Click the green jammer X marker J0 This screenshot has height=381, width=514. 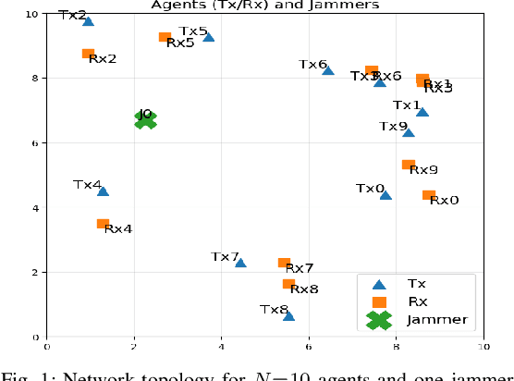point(144,118)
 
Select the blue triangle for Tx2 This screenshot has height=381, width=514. point(88,20)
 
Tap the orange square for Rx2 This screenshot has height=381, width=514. point(88,55)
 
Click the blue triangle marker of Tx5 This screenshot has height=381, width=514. point(209,37)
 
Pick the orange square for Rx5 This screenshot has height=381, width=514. point(165,38)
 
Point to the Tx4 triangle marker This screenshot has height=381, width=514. point(103,191)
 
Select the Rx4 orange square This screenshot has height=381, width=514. point(103,224)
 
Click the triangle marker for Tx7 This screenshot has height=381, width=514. point(240,263)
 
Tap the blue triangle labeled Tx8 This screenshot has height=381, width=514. point(288,315)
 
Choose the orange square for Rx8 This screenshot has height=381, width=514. point(288,284)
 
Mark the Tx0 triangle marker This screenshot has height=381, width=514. point(385,195)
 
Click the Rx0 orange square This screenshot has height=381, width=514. point(428,195)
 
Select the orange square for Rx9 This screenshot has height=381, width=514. point(408,166)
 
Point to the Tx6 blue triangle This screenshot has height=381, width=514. point(328,70)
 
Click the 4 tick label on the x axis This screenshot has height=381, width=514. point(222,349)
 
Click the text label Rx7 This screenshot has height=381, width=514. point(300,268)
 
